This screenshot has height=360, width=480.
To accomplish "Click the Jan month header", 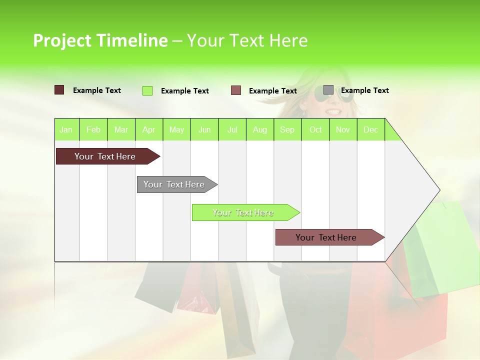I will coord(66,129).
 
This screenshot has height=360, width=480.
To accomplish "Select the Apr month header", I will coord(148,129).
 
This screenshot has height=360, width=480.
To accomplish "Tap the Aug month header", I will coord(259,129).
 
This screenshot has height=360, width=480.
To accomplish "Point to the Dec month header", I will coord(370,129).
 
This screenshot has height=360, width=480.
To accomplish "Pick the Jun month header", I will coord(204,129).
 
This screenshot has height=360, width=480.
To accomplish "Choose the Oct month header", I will coord(315,129).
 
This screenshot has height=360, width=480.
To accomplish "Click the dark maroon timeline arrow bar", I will coord(105,156).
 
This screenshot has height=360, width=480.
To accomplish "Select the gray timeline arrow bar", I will coord(174,184).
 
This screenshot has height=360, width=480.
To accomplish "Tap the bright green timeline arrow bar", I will coord(243,212).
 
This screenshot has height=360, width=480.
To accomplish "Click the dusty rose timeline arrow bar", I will coord(326,237).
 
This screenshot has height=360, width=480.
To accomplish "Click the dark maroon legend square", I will coord(59,90).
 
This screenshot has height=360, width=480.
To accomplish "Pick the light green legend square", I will coord(147,90).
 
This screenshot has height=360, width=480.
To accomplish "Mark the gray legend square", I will coord(328,90).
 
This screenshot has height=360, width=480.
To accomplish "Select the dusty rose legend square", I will coord(236,90).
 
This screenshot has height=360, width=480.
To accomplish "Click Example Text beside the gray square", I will coord(364,90).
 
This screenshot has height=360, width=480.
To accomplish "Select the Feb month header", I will coord(93,129).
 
